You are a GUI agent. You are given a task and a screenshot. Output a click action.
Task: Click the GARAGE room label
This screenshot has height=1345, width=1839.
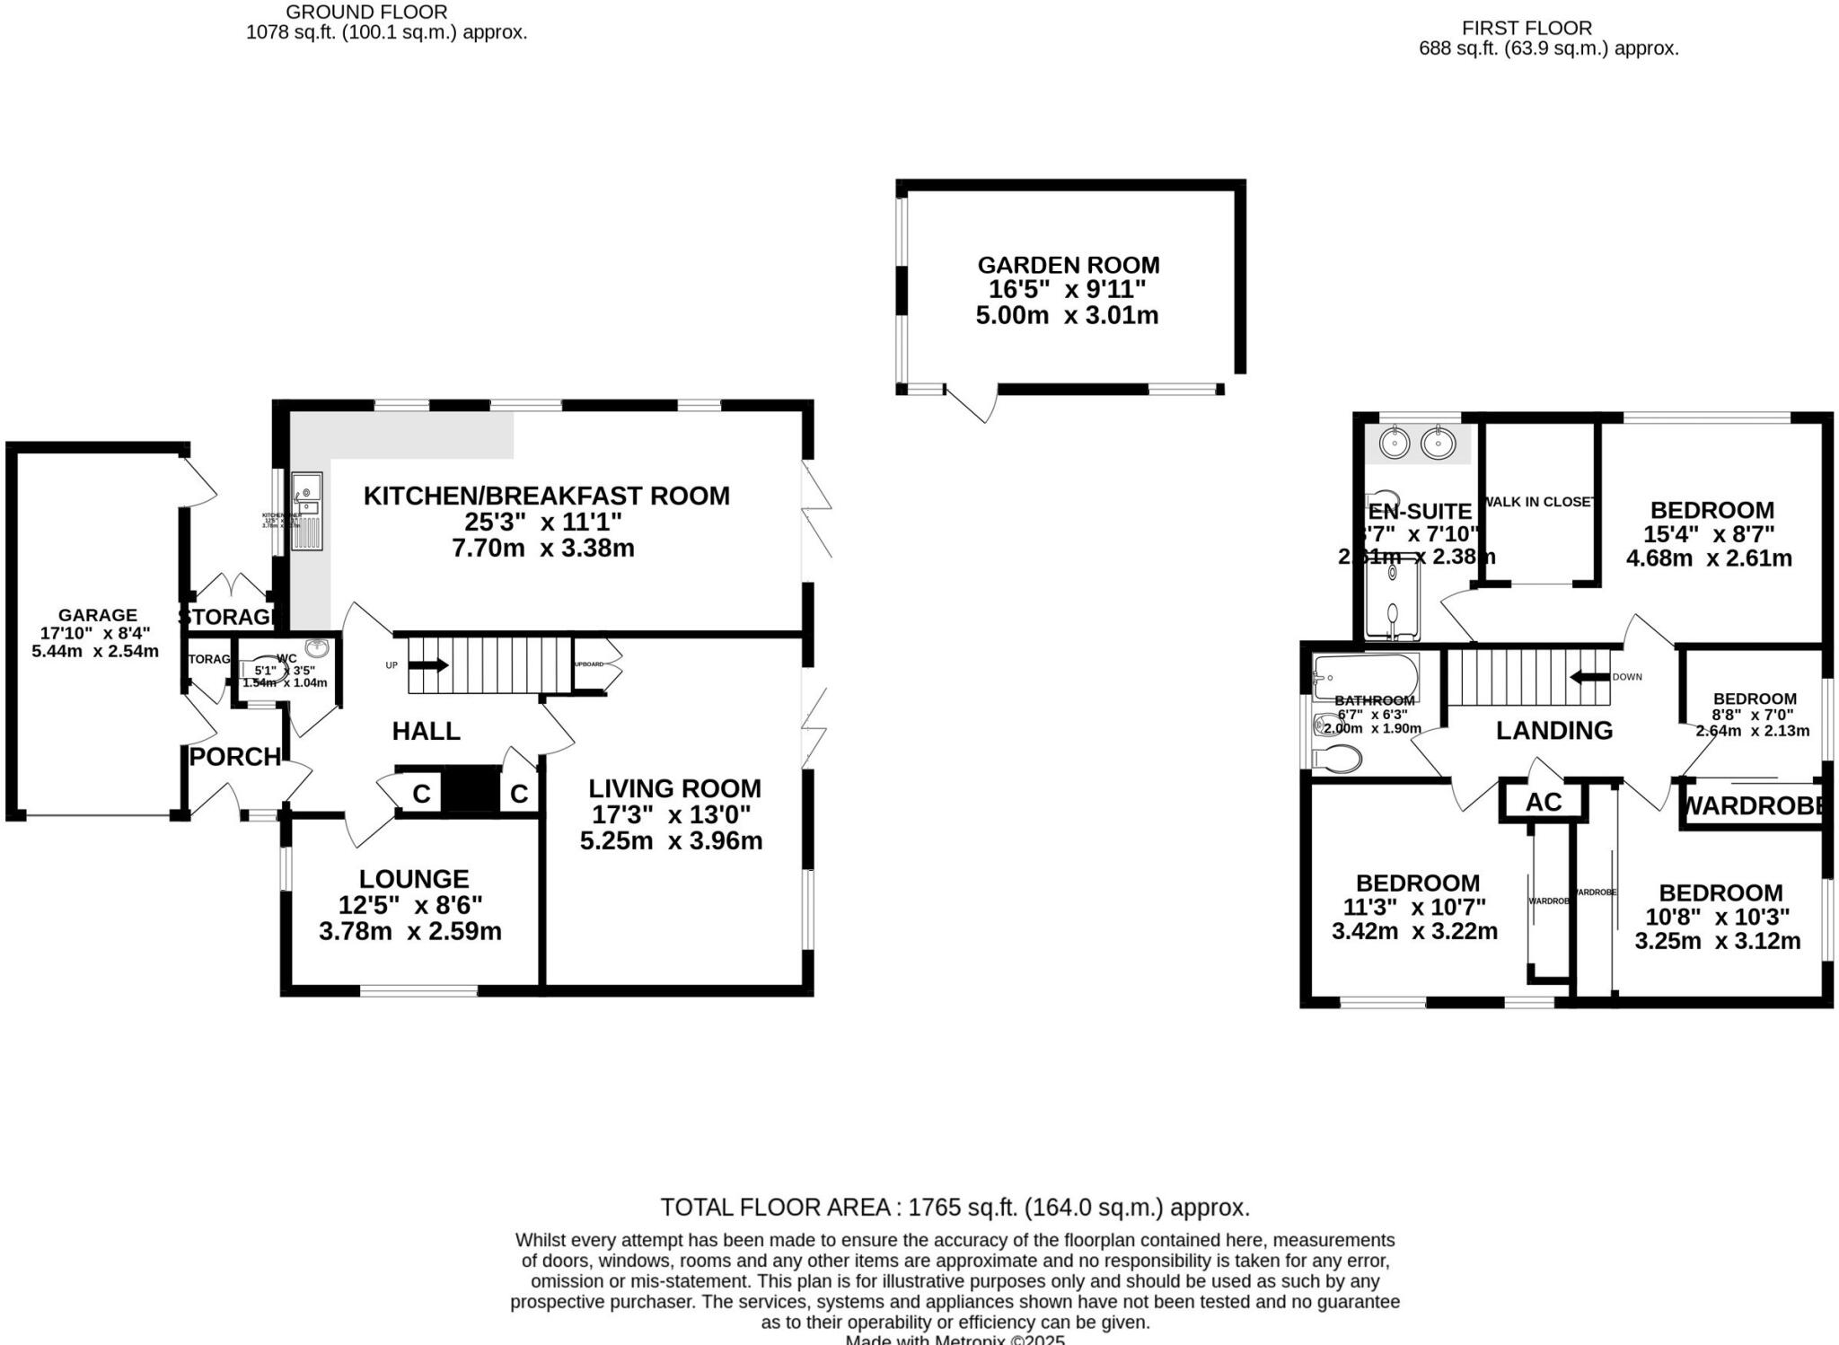pos(98,615)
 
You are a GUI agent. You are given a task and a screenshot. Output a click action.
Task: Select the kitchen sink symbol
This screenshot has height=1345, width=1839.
pos(306,510)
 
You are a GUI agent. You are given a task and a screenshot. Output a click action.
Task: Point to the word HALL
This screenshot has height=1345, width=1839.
pos(426,731)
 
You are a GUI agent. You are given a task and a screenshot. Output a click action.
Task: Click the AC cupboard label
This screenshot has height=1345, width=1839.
pos(1543,802)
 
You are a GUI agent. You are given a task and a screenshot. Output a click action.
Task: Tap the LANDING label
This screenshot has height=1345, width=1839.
pos(1553,731)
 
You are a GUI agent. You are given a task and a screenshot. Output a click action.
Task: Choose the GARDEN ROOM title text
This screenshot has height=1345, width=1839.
pos(1068,266)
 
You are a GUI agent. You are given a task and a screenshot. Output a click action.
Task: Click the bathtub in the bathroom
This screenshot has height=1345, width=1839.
pos(1365,677)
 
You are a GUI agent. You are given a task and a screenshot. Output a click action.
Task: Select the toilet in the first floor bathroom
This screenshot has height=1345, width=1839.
pos(1338,759)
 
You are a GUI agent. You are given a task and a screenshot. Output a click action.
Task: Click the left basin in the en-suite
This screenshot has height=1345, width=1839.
pos(1394,443)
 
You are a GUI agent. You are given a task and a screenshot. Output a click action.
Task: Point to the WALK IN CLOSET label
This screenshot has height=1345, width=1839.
pos(1539,502)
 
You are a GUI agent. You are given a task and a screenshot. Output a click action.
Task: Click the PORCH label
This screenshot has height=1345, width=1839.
pos(235,757)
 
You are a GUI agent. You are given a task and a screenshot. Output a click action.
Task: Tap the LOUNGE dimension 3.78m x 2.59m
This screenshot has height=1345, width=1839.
pos(409,931)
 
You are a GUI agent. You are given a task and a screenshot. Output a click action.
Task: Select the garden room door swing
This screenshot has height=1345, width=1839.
pos(973,404)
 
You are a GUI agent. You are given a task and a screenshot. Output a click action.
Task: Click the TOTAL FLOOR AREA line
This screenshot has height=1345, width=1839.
pos(955,1208)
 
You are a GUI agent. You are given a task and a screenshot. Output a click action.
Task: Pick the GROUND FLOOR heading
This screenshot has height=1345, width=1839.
pos(366,13)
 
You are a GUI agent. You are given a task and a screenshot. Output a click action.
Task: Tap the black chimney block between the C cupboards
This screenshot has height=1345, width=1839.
pos(472,790)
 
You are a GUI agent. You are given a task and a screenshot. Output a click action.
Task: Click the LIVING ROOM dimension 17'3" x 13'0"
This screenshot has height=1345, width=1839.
pos(671,815)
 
